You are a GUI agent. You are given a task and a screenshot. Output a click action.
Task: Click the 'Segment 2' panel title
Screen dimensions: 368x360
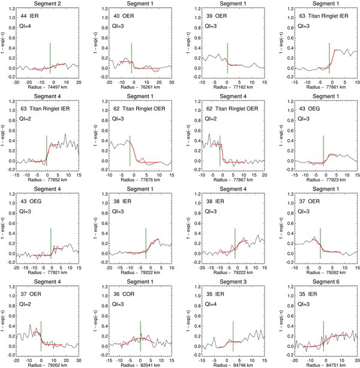pos(46,4)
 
